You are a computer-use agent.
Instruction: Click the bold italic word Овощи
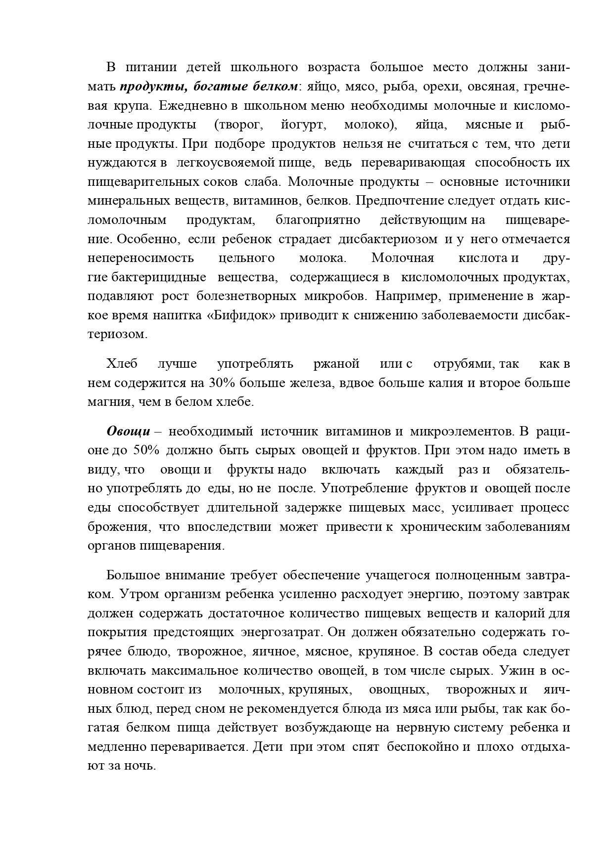(x=129, y=431)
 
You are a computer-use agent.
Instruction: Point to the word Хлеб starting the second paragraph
(x=122, y=364)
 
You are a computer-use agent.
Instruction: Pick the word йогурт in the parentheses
(x=302, y=125)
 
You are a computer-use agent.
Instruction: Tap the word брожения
(x=118, y=526)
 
